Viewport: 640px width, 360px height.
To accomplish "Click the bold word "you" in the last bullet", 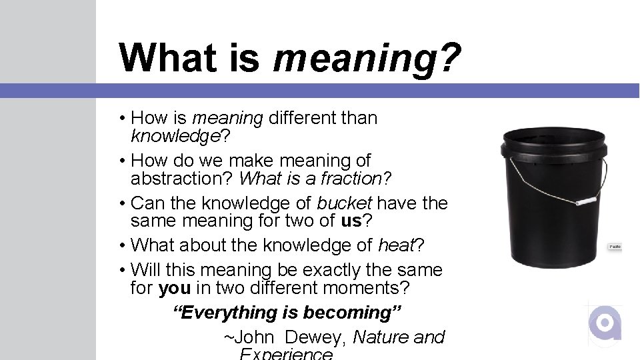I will pyautogui.click(x=174, y=288).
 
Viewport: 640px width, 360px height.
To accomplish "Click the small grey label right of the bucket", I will pyautogui.click(x=615, y=247).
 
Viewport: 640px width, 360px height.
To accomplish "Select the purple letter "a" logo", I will pyautogui.click(x=605, y=325).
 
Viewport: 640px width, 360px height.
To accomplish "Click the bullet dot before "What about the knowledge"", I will pyautogui.click(x=123, y=245).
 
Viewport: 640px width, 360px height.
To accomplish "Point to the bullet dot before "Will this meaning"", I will pyautogui.click(x=123, y=270).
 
